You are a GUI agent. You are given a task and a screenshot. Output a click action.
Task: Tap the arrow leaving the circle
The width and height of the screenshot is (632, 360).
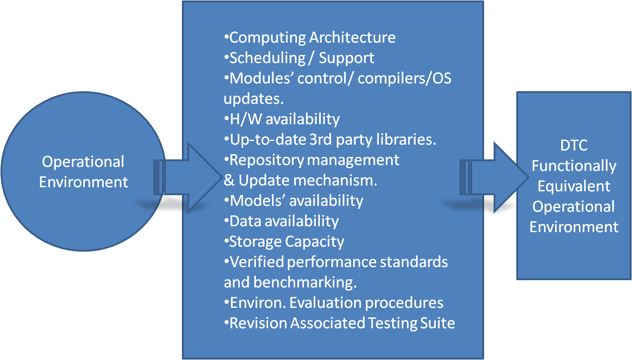pos(188,177)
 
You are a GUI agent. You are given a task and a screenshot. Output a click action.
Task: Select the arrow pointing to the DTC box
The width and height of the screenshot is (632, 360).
pos(495,177)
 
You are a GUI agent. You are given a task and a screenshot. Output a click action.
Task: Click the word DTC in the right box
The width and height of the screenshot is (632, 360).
pos(574,146)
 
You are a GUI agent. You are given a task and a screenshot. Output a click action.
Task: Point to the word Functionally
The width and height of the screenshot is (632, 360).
pos(574,166)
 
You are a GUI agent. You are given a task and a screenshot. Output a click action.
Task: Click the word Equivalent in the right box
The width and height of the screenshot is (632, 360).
pos(574,186)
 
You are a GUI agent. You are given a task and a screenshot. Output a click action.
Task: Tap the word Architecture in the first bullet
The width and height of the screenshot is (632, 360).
pos(353,38)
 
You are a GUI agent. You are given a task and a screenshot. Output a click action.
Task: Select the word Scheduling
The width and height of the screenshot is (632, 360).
pos(268,58)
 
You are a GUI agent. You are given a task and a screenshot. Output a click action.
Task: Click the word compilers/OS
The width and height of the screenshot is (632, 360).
pos(404,78)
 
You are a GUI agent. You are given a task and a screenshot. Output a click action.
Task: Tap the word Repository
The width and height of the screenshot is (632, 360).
pos(267,161)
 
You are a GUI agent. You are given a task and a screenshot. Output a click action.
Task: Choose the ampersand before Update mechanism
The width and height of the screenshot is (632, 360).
pos(229,180)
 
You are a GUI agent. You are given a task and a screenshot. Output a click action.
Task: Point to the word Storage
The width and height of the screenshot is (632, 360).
pos(255,242)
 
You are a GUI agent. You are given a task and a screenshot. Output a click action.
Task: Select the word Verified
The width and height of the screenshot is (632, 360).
pos(257,262)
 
